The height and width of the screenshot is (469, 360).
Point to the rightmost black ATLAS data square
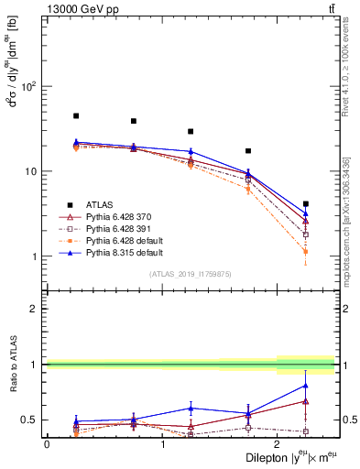point(306,204)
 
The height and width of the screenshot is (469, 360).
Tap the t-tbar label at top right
point(330,8)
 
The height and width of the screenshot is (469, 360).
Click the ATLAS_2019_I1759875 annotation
point(191,273)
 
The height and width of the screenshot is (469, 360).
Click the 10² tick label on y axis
point(29,87)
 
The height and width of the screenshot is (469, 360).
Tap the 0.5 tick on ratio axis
point(31,420)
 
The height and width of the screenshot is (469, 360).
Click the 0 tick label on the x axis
point(47,443)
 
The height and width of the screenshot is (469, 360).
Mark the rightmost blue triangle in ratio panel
point(306,385)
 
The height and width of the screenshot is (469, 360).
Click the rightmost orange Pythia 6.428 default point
point(306,251)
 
